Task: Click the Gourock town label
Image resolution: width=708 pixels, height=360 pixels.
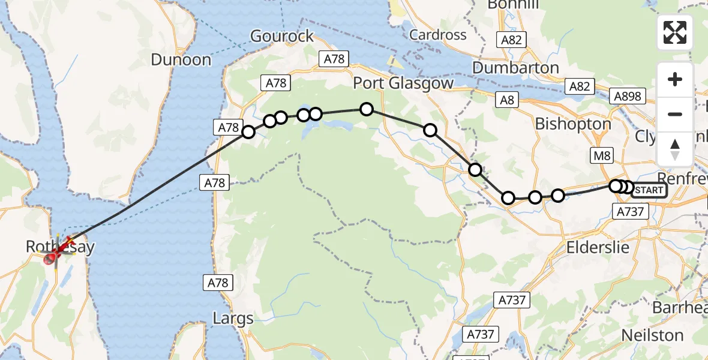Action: coord(282,36)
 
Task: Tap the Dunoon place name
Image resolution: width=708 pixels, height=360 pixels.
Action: coord(181,60)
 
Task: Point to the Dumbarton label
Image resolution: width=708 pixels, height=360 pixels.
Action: coord(515,68)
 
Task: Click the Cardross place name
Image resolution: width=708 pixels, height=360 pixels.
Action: coord(438,35)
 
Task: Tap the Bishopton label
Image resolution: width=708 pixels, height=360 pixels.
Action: coord(573,124)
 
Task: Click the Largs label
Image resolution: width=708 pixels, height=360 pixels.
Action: coord(233,318)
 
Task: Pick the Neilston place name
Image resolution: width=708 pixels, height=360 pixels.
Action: coord(652,334)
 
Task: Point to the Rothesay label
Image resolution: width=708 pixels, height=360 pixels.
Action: coord(60,247)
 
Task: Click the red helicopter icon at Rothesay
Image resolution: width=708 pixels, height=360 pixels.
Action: coord(52,258)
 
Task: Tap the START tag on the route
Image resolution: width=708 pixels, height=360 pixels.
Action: coord(649,190)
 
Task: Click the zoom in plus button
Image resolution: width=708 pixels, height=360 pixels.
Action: coord(675,79)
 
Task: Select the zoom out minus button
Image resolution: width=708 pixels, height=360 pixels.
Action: coord(675,114)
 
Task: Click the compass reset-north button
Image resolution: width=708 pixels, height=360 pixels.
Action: coord(675,149)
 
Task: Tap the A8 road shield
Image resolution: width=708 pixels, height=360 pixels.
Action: coord(508,100)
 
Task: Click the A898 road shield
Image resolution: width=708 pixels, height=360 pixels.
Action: coord(628,96)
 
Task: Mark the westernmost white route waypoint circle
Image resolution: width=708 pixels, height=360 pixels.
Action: coord(248,132)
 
